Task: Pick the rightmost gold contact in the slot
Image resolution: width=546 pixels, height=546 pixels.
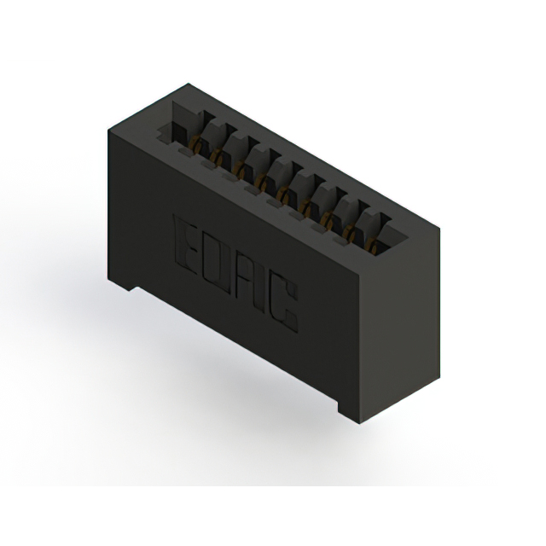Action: [x=374, y=247]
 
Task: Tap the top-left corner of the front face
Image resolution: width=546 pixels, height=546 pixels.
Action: [x=107, y=129]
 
